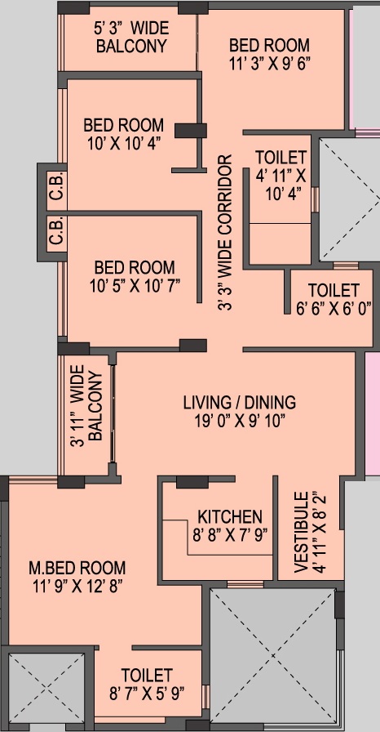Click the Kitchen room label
click(x=230, y=517)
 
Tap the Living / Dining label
click(x=239, y=402)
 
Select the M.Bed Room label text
click(x=77, y=567)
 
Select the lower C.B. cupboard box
click(x=56, y=234)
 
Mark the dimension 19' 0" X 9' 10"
click(x=239, y=421)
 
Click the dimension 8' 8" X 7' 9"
click(x=229, y=535)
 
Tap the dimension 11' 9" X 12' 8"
click(x=77, y=585)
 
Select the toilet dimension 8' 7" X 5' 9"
click(x=147, y=693)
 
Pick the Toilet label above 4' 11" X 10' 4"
click(x=281, y=157)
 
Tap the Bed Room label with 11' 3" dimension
click(x=269, y=44)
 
